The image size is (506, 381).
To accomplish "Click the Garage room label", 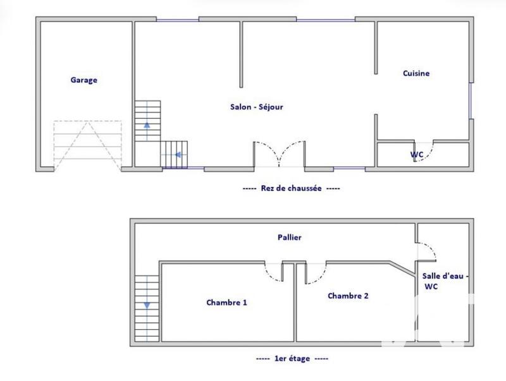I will pyautogui.click(x=83, y=80).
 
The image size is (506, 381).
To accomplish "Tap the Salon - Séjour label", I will pyautogui.click(x=256, y=107).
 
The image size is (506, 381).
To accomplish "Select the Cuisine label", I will pyautogui.click(x=416, y=73).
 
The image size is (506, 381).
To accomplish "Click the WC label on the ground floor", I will pyautogui.click(x=417, y=154).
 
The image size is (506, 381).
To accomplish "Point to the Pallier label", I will pyautogui.click(x=289, y=238).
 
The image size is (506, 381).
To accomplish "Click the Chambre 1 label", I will pyautogui.click(x=226, y=303).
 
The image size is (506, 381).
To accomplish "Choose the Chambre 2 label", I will pyautogui.click(x=348, y=296).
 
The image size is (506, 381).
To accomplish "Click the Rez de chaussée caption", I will pyautogui.click(x=291, y=188).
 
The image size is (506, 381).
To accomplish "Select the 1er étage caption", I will pyautogui.click(x=292, y=358).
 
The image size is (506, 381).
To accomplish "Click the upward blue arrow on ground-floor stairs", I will pyautogui.click(x=147, y=125).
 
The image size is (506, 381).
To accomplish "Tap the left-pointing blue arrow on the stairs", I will pyautogui.click(x=178, y=154).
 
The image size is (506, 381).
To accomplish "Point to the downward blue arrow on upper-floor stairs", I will pyautogui.click(x=147, y=305).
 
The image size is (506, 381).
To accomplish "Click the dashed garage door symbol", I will pyautogui.click(x=87, y=145).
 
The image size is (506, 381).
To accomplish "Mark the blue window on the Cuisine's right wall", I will pyautogui.click(x=471, y=101).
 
